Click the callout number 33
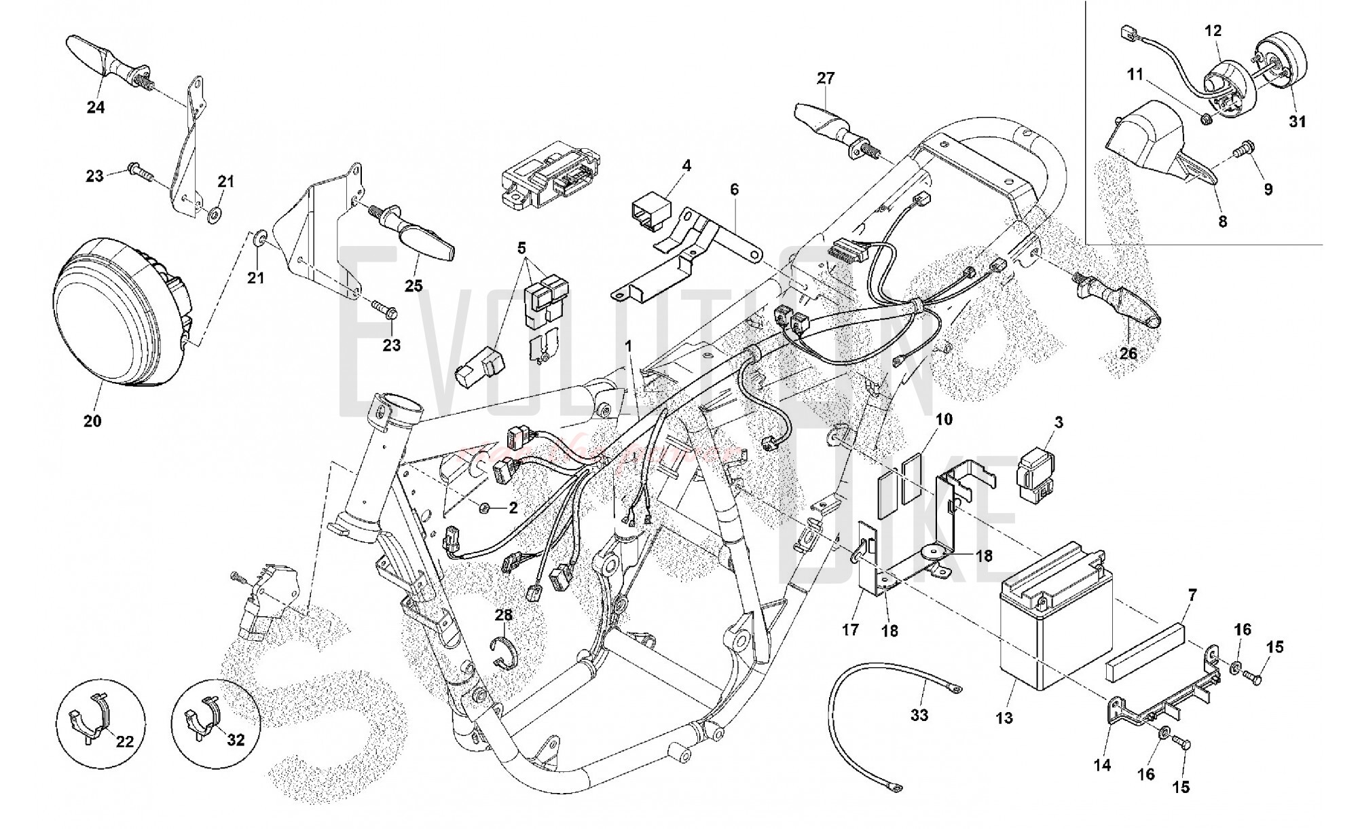919,715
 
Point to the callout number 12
1213,31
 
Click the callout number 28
503,615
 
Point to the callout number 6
734,190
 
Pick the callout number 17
851,630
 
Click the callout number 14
1102,765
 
